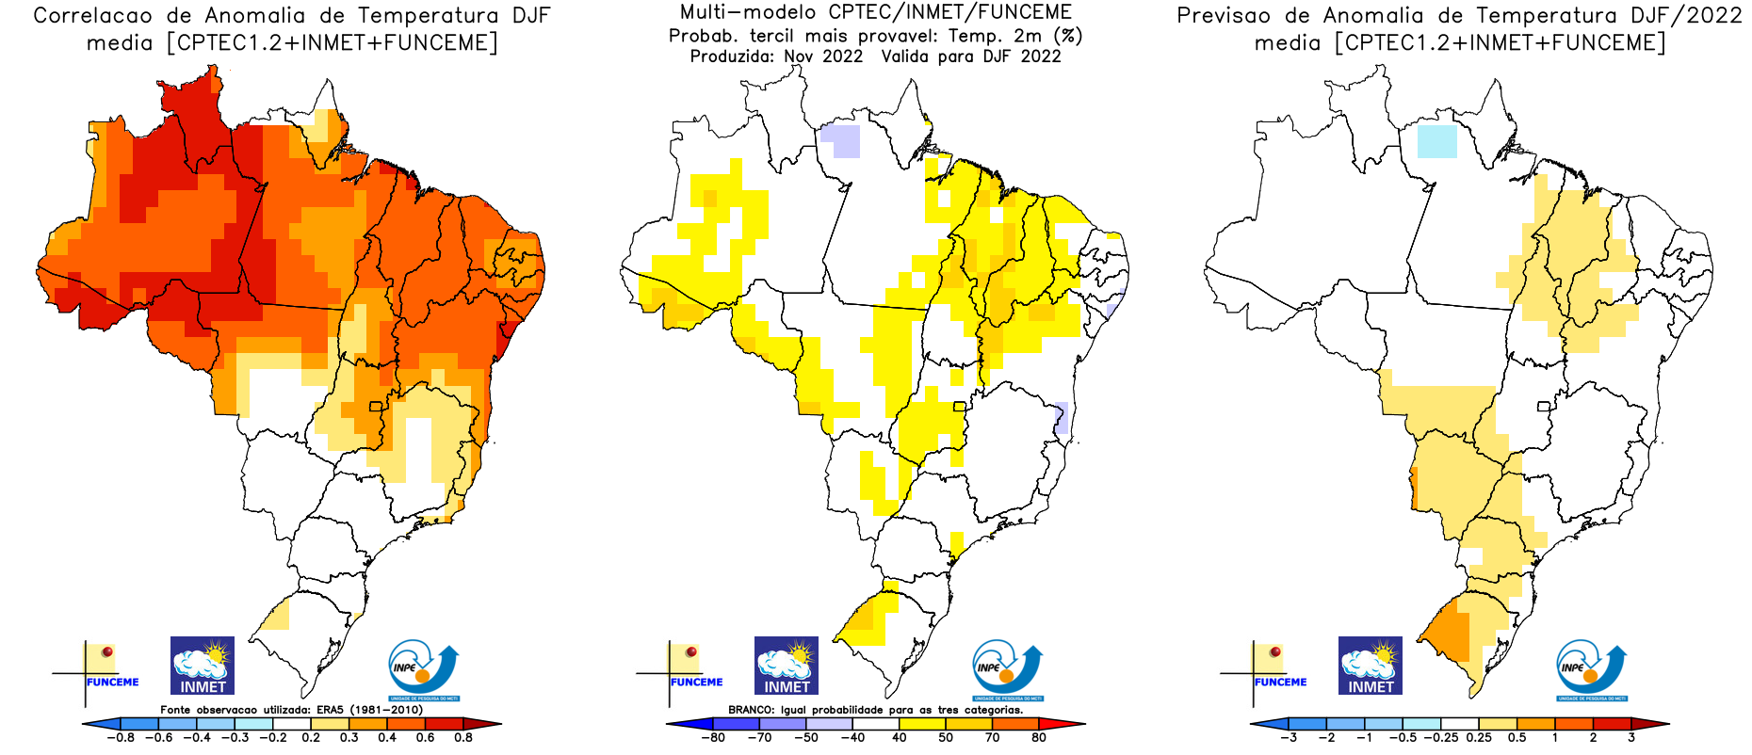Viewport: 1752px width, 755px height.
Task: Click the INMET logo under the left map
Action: [203, 666]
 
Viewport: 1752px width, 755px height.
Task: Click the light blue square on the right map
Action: [1436, 141]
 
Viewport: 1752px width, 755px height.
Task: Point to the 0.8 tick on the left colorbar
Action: [462, 737]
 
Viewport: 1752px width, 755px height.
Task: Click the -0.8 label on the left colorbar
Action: [120, 737]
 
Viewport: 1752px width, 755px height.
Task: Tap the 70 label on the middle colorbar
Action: [993, 737]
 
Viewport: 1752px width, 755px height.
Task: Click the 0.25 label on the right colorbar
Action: [1479, 737]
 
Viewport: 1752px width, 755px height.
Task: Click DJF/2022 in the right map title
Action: [1682, 16]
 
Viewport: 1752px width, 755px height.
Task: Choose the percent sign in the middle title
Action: [1068, 36]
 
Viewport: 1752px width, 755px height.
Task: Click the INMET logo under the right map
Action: [1371, 666]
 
